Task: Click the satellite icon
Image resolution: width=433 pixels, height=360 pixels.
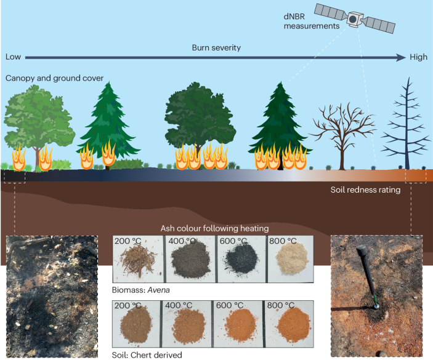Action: (353, 19)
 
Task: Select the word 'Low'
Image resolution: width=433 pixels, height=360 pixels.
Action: (14, 57)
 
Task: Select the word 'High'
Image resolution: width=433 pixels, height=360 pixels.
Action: (418, 57)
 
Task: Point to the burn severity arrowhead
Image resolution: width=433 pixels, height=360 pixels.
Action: (401, 57)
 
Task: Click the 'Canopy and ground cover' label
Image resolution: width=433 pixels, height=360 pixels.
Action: (54, 79)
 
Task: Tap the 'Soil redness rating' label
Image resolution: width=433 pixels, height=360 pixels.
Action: (366, 190)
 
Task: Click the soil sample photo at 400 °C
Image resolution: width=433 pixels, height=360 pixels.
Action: (188, 323)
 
